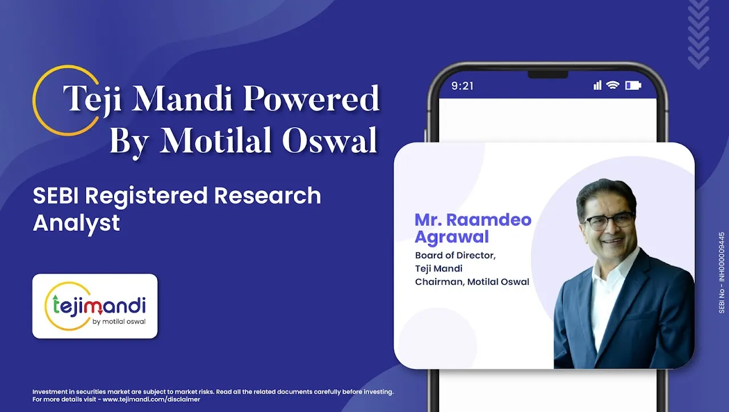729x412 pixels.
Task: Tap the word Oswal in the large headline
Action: point(329,140)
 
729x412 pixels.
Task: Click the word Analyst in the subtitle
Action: point(76,223)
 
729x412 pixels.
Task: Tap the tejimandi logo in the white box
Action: point(95,306)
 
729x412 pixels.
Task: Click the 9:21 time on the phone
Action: point(462,86)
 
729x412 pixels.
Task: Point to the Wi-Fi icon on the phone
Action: point(613,85)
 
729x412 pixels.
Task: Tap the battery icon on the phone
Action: point(633,85)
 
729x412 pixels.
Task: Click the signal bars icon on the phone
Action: point(597,85)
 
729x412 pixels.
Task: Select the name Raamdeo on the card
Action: point(489,220)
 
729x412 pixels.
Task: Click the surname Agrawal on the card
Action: point(452,237)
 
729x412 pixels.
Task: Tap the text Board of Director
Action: point(455,255)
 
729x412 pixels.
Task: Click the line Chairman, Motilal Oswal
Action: point(472,282)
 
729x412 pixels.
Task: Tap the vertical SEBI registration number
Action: point(722,272)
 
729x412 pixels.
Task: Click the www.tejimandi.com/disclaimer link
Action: point(151,399)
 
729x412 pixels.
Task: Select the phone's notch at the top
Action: point(548,75)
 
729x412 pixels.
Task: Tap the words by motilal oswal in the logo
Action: point(119,322)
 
